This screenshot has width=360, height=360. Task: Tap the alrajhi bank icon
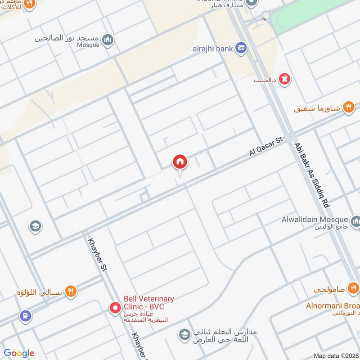[242, 48]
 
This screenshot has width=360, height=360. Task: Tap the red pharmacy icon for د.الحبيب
[284, 80]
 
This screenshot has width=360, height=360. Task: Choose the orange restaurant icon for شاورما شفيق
[348, 108]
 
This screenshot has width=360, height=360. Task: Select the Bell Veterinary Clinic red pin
[115, 308]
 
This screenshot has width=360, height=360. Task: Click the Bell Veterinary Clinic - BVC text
[148, 303]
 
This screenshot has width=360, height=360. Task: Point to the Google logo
[19, 353]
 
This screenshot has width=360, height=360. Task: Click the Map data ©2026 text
[336, 356]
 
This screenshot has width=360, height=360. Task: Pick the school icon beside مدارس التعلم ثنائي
[184, 335]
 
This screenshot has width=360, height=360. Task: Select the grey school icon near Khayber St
[35, 226]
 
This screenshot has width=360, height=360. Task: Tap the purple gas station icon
[26, 316]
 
